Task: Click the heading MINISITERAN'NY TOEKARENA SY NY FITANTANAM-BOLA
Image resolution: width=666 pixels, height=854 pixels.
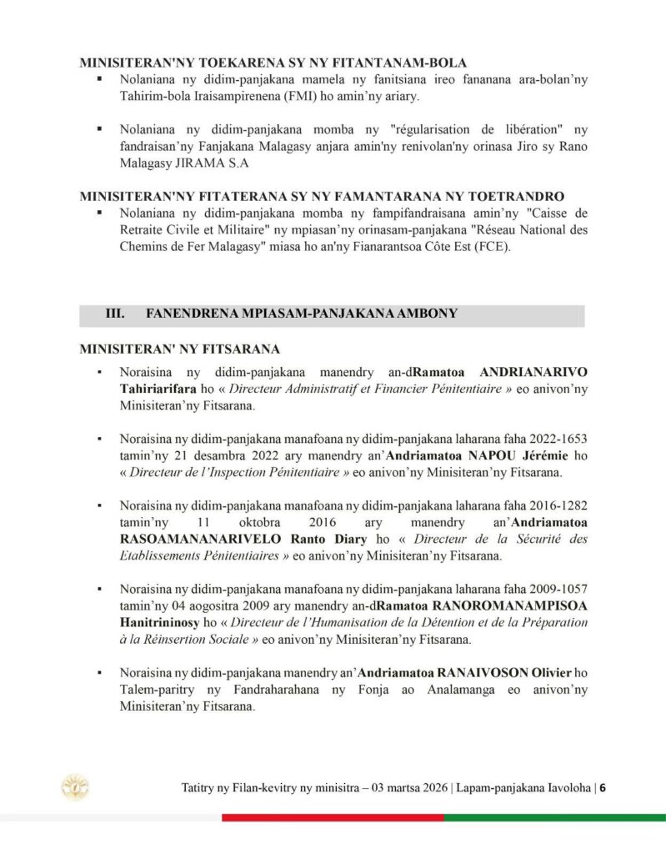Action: pyautogui.click(x=273, y=63)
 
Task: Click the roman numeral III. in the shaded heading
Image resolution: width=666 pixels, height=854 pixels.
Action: pyautogui.click(x=114, y=314)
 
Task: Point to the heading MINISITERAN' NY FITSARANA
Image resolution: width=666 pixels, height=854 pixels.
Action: pyautogui.click(x=178, y=348)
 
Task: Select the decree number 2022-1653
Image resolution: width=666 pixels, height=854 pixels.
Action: pyautogui.click(x=553, y=439)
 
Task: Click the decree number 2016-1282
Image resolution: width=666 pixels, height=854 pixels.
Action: pyautogui.click(x=553, y=506)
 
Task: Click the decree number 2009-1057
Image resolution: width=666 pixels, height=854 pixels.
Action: pyautogui.click(x=553, y=590)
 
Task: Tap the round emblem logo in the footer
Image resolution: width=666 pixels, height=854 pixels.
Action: pyautogui.click(x=76, y=786)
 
